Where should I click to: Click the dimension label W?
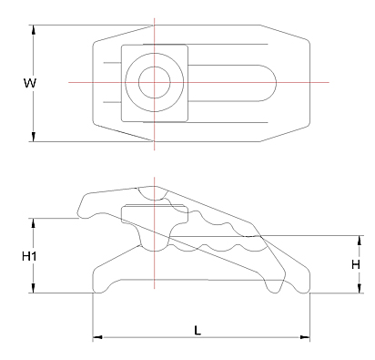tap(29, 83)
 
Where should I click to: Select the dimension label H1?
tap(28, 257)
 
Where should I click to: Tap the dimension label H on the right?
tap(356, 264)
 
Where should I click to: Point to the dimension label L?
tap(198, 330)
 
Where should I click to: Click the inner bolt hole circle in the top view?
tap(153, 82)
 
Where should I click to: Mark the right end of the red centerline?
tap(328, 83)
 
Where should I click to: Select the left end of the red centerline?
tap(70, 83)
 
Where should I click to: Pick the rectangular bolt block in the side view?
tap(154, 216)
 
